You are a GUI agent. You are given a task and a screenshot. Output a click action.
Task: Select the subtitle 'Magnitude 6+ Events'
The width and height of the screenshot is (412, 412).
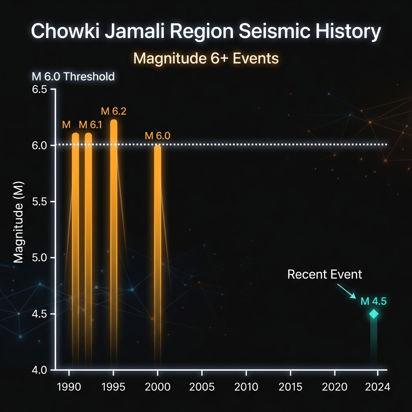[x=206, y=58]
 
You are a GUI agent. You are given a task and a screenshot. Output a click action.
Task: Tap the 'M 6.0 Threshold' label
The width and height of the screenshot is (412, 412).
[x=73, y=76]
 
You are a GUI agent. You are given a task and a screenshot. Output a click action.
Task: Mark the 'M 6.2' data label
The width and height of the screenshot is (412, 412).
[x=113, y=111]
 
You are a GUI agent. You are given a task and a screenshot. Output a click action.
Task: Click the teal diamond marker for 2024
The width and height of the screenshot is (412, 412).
[x=374, y=314]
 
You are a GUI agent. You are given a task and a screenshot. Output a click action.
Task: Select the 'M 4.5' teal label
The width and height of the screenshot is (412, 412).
[x=373, y=301]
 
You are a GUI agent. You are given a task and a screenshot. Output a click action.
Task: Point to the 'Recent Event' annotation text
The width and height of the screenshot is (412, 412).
[x=325, y=275]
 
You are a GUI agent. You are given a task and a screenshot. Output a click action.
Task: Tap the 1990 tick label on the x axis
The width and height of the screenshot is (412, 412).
[x=70, y=387]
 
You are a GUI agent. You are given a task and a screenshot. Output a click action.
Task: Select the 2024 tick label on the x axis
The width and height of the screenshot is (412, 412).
[x=378, y=387]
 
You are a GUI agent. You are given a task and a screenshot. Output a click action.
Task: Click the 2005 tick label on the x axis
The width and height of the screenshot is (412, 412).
[x=202, y=387]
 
